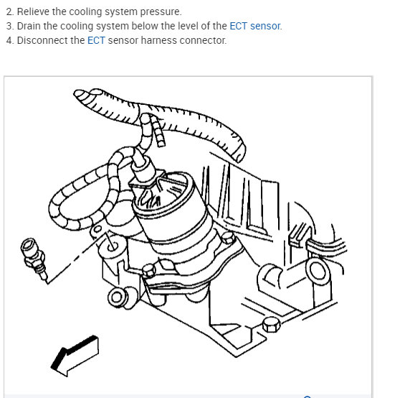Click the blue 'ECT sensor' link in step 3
[x=254, y=26]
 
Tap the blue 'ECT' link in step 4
[x=96, y=41]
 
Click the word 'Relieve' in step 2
[x=33, y=11]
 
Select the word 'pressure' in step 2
[x=160, y=12]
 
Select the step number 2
[x=10, y=12]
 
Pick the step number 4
[x=10, y=41]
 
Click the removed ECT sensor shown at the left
[x=34, y=259]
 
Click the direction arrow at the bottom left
[x=75, y=356]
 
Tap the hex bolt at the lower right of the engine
[x=272, y=325]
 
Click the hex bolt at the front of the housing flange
[x=149, y=271]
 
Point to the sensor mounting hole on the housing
[x=113, y=246]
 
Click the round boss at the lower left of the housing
[x=117, y=297]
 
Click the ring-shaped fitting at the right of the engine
[x=318, y=271]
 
